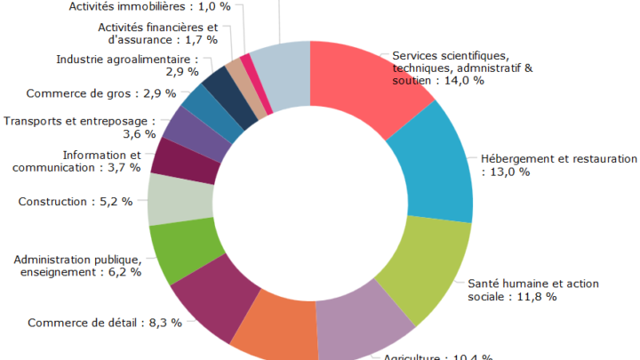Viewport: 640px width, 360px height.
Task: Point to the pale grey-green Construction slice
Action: [x=179, y=199]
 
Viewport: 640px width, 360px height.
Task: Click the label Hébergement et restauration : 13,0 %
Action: [x=559, y=165]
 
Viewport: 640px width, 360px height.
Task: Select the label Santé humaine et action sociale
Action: [x=533, y=290]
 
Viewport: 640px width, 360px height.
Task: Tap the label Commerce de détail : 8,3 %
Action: [x=105, y=323]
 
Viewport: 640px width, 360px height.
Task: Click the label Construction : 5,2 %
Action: [x=75, y=202]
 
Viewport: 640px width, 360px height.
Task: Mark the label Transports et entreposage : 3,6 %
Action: [x=79, y=127]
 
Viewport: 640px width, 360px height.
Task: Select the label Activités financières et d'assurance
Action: [x=158, y=33]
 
